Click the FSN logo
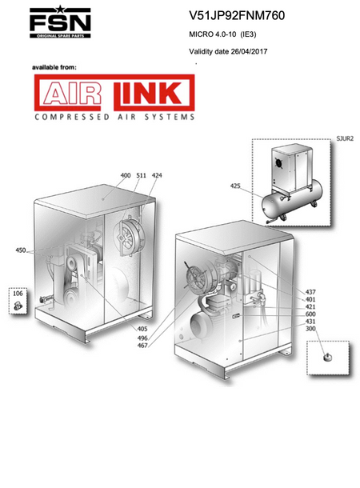pyautogui.click(x=60, y=22)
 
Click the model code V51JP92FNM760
pyautogui.click(x=237, y=15)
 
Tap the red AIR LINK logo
pyautogui.click(x=114, y=93)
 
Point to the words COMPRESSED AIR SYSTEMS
pyautogui.click(x=114, y=117)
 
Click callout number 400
pyautogui.click(x=126, y=175)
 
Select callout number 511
pyautogui.click(x=141, y=175)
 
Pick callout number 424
pyautogui.click(x=157, y=175)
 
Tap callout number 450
pyautogui.click(x=21, y=250)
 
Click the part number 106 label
pyautogui.click(x=18, y=293)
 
